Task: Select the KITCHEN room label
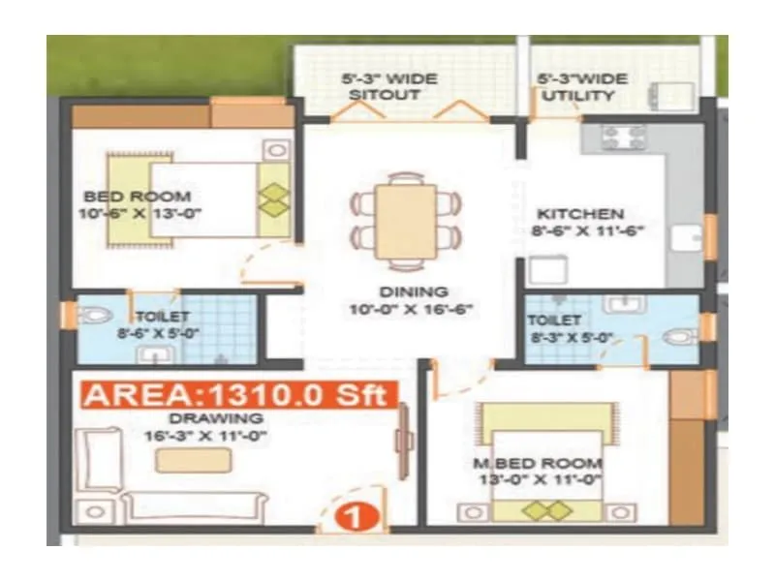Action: point(581,213)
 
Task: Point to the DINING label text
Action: point(413,291)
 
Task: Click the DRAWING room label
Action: point(202,418)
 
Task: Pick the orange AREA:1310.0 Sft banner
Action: point(238,394)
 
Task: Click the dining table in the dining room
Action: point(406,222)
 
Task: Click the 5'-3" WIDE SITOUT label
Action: point(388,86)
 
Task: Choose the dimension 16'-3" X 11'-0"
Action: point(203,436)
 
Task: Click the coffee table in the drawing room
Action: point(194,460)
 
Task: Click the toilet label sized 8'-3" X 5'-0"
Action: point(554,328)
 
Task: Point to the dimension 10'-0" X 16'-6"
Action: point(413,309)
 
